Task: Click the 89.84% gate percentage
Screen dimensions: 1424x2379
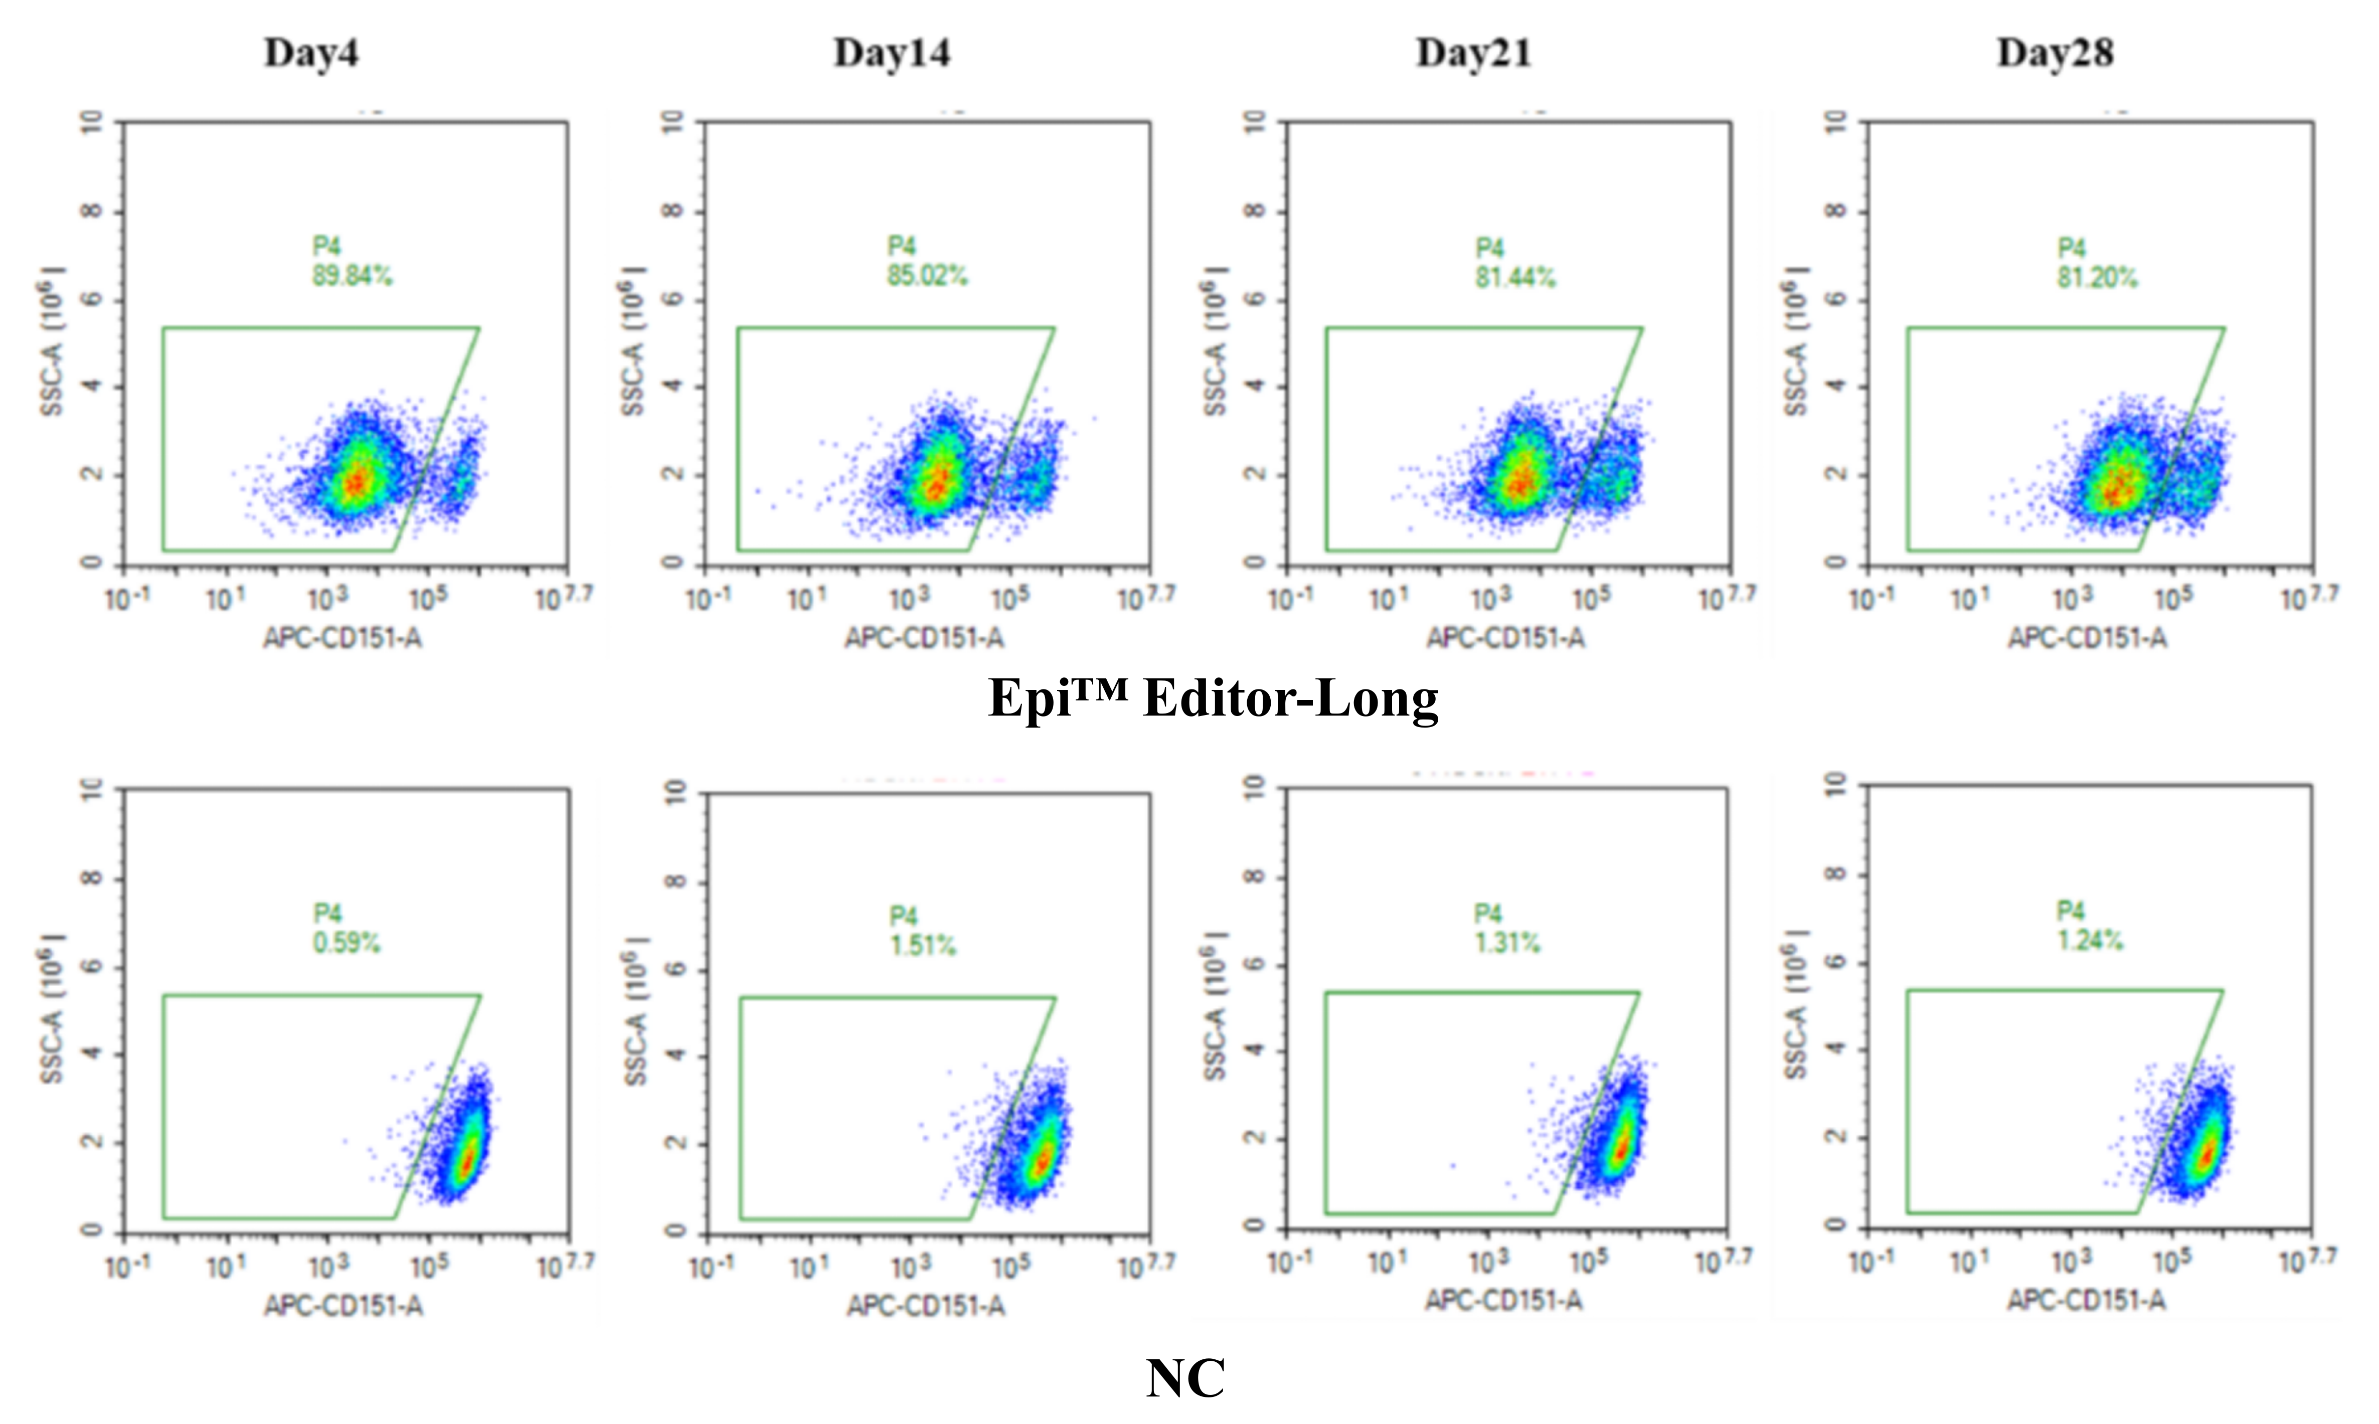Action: pos(352,276)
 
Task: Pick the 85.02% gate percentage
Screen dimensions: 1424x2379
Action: pos(927,276)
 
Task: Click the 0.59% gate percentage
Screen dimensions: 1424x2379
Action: pos(347,943)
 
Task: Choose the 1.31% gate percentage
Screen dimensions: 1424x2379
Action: pos(1507,943)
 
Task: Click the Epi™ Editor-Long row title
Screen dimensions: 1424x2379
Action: pos(1213,698)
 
